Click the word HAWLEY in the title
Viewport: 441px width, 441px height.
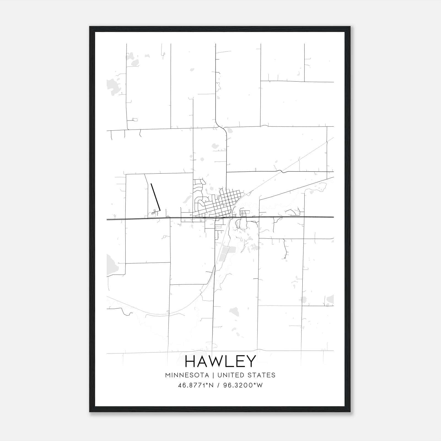pos(220,361)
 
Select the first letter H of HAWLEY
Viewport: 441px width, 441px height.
pos(190,361)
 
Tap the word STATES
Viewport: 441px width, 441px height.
pos(262,375)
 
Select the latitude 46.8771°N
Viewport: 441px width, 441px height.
pos(196,385)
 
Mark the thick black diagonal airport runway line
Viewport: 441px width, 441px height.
pos(155,196)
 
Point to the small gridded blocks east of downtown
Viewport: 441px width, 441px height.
pos(244,213)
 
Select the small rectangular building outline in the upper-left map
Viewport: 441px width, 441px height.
pos(135,119)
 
